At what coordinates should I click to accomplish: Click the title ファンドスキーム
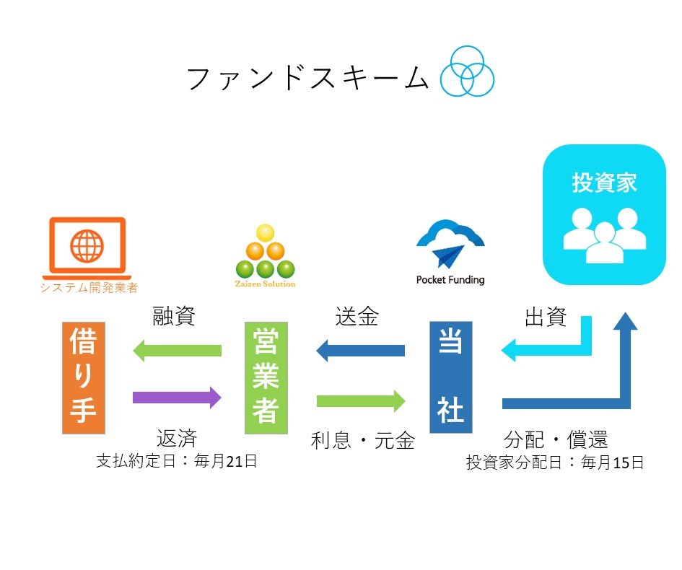pyautogui.click(x=308, y=78)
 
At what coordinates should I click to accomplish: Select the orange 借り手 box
pyautogui.click(x=84, y=378)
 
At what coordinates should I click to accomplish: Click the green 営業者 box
pyautogui.click(x=266, y=378)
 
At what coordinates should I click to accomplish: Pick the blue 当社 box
pyautogui.click(x=451, y=377)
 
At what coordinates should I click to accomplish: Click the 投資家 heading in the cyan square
pyautogui.click(x=605, y=183)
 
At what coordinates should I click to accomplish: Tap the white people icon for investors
pyautogui.click(x=605, y=235)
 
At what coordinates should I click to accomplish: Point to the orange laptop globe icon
pyautogui.click(x=87, y=248)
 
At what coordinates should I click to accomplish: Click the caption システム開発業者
pyautogui.click(x=89, y=287)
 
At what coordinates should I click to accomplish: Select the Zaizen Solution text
pyautogui.click(x=265, y=284)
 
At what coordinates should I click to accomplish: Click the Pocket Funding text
pyautogui.click(x=450, y=279)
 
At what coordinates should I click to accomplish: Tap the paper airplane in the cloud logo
pyautogui.click(x=448, y=255)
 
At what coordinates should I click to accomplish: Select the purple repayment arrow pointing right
pyautogui.click(x=177, y=397)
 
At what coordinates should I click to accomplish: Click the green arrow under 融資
pyautogui.click(x=177, y=351)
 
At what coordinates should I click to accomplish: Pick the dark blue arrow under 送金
pyautogui.click(x=361, y=351)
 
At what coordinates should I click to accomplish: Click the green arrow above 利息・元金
pyautogui.click(x=361, y=401)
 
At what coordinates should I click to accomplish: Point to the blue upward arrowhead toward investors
pyautogui.click(x=626, y=321)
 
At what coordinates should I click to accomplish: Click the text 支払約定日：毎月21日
pyautogui.click(x=177, y=461)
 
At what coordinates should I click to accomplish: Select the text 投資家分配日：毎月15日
pyautogui.click(x=555, y=462)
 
